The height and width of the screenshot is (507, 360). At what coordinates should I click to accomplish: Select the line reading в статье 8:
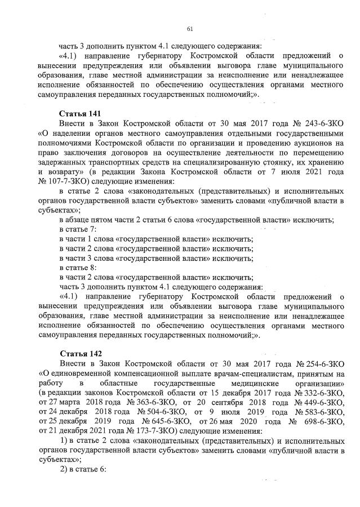[78, 267]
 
